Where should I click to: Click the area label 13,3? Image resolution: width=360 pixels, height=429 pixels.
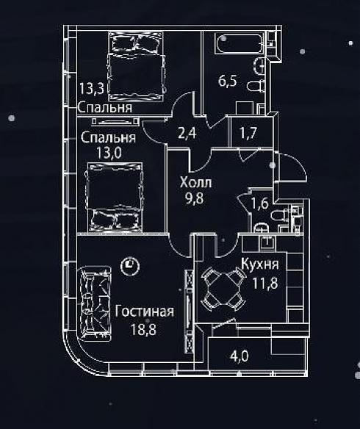(92, 89)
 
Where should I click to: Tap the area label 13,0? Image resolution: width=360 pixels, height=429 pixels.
(109, 153)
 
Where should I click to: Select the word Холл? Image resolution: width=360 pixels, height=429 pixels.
(196, 182)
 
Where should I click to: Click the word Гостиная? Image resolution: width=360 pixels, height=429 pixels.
(144, 311)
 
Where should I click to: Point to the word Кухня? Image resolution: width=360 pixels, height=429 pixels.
(260, 264)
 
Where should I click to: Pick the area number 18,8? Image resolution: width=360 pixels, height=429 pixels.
(143, 329)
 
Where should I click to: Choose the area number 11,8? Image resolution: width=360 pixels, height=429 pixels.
(265, 283)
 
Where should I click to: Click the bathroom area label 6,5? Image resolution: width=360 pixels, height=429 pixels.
(228, 81)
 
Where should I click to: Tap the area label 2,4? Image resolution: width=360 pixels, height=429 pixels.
(187, 133)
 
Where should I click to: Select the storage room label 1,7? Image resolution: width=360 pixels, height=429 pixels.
(248, 133)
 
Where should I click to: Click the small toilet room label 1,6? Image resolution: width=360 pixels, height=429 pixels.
(259, 203)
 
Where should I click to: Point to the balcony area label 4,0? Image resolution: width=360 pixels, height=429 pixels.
(240, 356)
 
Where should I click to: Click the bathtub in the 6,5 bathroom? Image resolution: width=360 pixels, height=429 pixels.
(239, 43)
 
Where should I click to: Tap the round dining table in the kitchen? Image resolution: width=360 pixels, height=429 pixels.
(223, 289)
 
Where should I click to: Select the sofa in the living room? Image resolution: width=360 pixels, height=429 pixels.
(94, 303)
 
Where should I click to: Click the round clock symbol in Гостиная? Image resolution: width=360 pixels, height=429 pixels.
(130, 265)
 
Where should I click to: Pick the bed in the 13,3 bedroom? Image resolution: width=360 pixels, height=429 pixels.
(137, 66)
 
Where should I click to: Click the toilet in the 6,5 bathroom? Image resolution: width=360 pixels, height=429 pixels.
(256, 87)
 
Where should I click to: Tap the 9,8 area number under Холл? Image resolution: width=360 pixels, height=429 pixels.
(195, 198)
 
